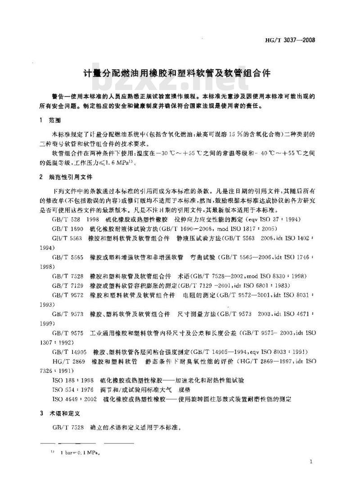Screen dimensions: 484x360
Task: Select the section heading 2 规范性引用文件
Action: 67,177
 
